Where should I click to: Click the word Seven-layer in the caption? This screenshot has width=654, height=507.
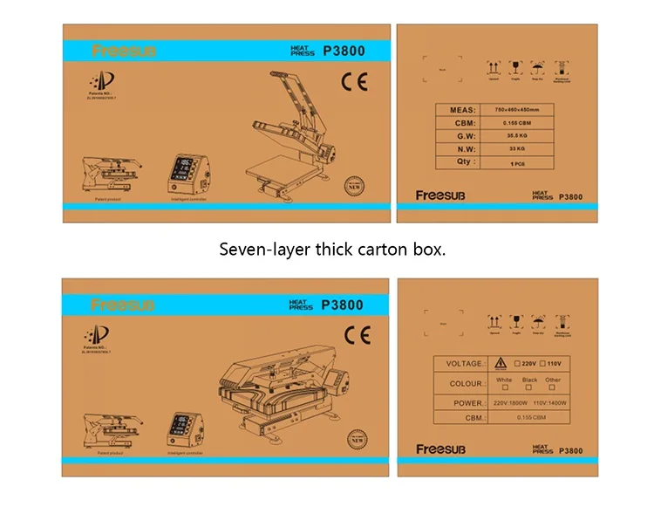click(257, 250)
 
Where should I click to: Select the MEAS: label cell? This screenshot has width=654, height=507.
click(461, 110)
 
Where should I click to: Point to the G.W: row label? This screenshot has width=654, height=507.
click(461, 136)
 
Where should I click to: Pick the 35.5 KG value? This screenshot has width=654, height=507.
click(523, 136)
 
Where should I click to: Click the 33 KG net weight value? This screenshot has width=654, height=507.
click(523, 149)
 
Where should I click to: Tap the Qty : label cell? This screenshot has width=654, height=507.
click(461, 162)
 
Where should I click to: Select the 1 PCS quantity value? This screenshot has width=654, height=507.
click(523, 162)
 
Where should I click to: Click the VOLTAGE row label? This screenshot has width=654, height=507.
click(464, 364)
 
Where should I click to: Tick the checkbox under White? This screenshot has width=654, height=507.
click(504, 387)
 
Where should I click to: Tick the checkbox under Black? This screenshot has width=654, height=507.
click(529, 387)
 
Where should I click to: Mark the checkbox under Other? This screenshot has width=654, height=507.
click(554, 387)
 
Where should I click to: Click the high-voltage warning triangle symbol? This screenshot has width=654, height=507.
click(501, 363)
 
